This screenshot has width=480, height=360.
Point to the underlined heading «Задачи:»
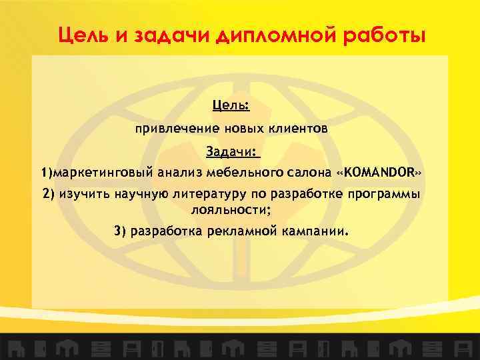coord(231,152)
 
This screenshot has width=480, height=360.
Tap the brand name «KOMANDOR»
coord(380,173)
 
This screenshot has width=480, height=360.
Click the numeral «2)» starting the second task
coord(49,194)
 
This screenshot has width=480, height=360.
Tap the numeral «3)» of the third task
coord(120,232)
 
